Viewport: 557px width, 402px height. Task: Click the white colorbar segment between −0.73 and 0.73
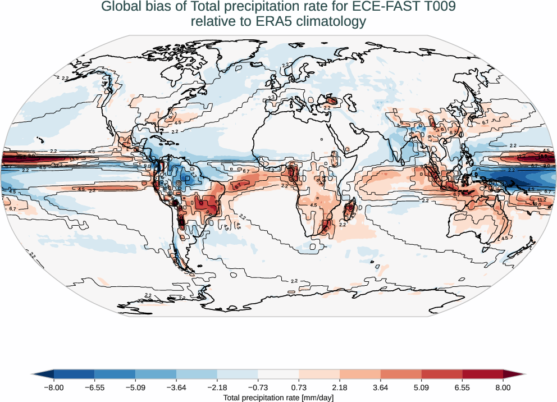coord(278,374)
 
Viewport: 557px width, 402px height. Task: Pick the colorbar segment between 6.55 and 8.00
coord(482,374)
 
